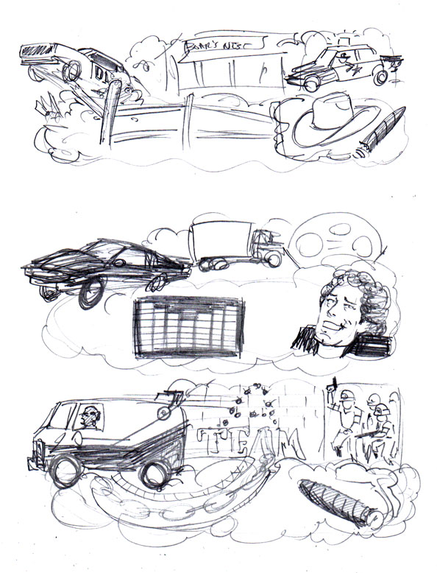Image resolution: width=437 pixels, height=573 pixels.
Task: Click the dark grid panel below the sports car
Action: click(187, 328)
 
